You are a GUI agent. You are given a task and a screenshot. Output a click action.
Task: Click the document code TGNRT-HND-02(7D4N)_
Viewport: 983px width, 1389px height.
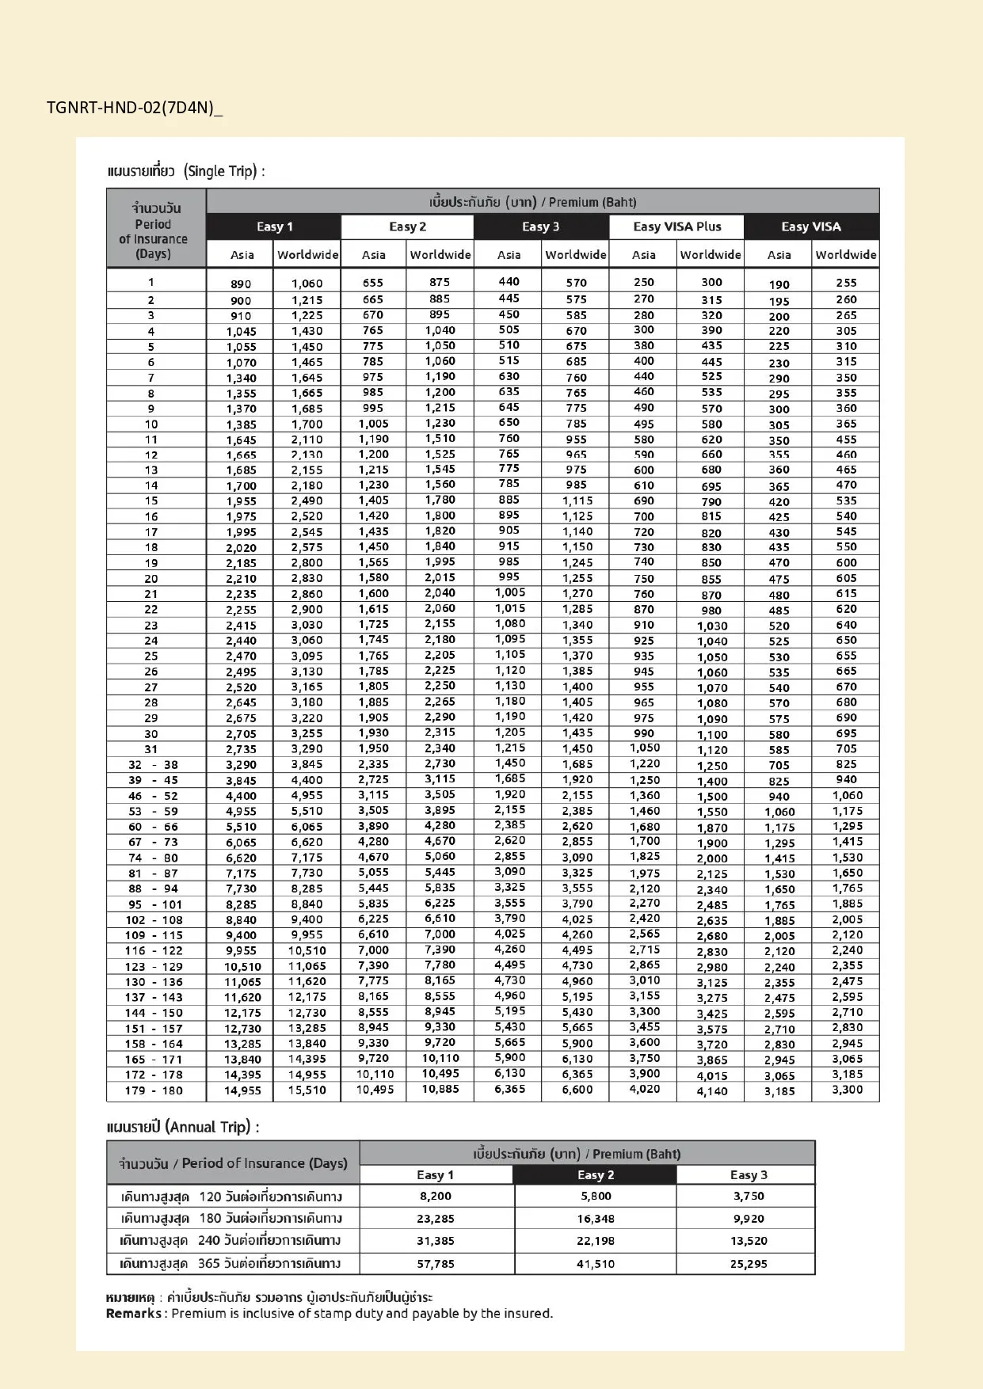134,108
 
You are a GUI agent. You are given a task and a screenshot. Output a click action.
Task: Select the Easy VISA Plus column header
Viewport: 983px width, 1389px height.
676,226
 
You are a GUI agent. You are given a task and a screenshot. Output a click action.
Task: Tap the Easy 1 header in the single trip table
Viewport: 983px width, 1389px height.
274,226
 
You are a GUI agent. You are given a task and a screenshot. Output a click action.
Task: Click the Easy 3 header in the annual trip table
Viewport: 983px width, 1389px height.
748,1175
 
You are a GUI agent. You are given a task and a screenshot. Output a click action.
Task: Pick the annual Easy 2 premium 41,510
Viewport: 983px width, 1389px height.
595,1264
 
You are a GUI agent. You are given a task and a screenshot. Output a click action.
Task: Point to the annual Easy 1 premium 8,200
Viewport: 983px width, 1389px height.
436,1197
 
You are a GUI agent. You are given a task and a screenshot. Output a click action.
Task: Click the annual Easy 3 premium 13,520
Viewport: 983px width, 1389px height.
748,1241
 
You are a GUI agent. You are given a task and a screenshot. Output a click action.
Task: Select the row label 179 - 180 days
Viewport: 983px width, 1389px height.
155,1090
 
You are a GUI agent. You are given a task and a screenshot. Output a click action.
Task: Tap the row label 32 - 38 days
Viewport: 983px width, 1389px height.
154,765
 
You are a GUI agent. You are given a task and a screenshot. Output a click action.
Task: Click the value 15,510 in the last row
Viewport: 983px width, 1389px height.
307,1090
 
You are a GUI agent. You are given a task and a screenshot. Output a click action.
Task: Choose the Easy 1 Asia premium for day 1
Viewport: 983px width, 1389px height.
241,284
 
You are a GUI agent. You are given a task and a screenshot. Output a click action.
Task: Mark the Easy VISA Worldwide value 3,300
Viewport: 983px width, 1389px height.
847,1090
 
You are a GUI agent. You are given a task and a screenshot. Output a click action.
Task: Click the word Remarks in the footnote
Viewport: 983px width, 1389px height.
133,1313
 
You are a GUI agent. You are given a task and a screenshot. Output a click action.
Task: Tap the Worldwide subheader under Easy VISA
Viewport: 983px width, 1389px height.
846,255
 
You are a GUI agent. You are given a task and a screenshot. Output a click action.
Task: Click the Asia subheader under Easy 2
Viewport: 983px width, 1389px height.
373,255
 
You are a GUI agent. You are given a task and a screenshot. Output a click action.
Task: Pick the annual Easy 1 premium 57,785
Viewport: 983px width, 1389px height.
436,1264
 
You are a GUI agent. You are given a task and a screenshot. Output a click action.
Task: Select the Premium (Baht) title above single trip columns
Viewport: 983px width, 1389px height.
592,202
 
